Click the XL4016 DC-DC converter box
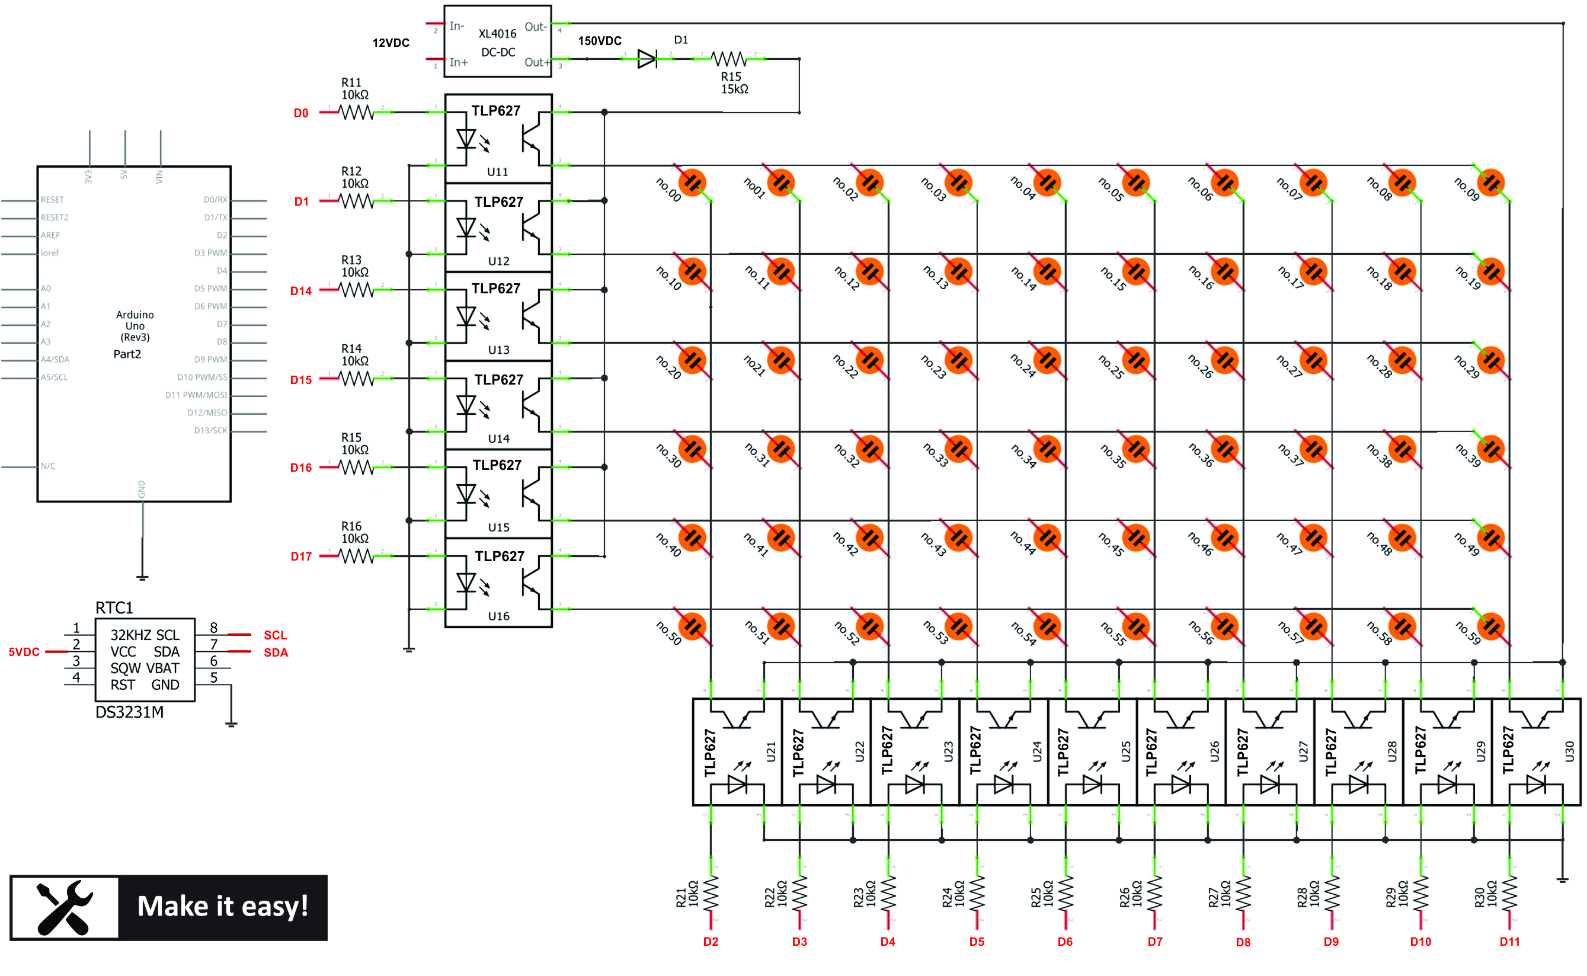pyautogui.click(x=497, y=41)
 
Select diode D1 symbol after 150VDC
pyautogui.click(x=647, y=59)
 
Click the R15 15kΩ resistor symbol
pyautogui.click(x=729, y=59)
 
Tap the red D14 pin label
pyautogui.click(x=301, y=291)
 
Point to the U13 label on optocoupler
pyautogui.click(x=498, y=350)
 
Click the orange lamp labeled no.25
pyautogui.click(x=1136, y=361)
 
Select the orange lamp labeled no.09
pyautogui.click(x=1491, y=183)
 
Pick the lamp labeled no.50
pyautogui.click(x=693, y=627)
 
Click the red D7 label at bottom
pyautogui.click(x=1154, y=942)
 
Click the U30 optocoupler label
pyautogui.click(x=1569, y=751)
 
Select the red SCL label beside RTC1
pyautogui.click(x=275, y=635)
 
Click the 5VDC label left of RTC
pyautogui.click(x=24, y=652)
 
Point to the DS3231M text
pyautogui.click(x=129, y=712)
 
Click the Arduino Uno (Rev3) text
pyautogui.click(x=135, y=326)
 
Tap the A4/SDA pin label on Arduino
pyautogui.click(x=55, y=360)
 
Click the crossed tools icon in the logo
pyautogui.click(x=65, y=908)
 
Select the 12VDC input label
pyautogui.click(x=391, y=43)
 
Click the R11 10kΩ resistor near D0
pyautogui.click(x=356, y=113)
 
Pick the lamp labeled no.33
pyautogui.click(x=958, y=449)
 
